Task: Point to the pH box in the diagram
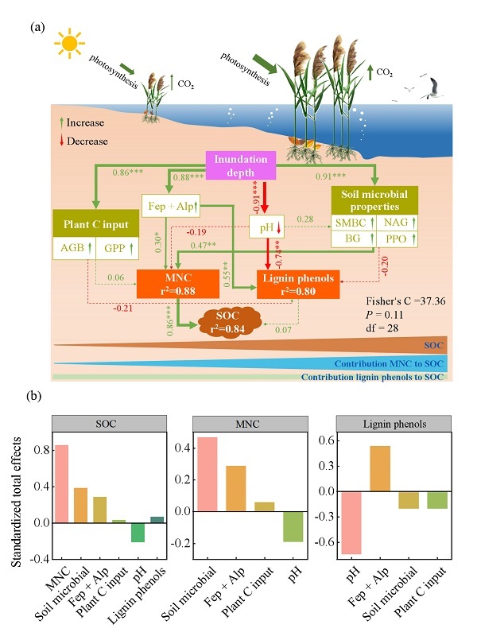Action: click(x=266, y=228)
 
